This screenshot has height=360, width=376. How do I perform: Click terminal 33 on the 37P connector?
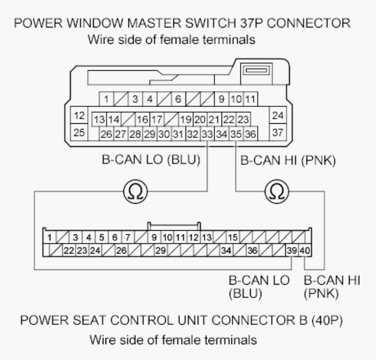(207, 134)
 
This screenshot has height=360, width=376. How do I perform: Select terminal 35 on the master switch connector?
(236, 134)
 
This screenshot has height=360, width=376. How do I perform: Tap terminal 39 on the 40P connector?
(292, 250)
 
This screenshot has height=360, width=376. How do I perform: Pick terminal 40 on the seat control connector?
(305, 250)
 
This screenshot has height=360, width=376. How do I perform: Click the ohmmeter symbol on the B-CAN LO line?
(136, 191)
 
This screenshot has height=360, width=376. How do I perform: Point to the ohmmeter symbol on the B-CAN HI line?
(277, 191)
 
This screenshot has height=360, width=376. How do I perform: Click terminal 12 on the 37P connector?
(79, 115)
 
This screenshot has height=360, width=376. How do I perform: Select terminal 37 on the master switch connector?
(278, 132)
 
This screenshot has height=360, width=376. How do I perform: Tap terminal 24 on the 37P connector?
(278, 115)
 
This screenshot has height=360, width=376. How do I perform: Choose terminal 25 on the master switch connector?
(79, 132)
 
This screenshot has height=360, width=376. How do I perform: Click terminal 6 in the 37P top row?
(178, 99)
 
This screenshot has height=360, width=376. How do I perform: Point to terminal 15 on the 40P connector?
(233, 237)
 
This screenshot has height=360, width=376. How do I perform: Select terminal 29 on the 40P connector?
(160, 250)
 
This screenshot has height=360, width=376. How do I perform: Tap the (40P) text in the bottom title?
(327, 320)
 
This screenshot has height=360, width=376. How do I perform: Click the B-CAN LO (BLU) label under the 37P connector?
(151, 159)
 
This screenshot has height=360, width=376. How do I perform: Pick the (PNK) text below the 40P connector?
(321, 293)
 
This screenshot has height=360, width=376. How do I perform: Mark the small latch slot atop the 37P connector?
(256, 70)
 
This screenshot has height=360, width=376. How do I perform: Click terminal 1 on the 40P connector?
(49, 237)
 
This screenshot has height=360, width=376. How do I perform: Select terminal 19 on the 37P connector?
(186, 119)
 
